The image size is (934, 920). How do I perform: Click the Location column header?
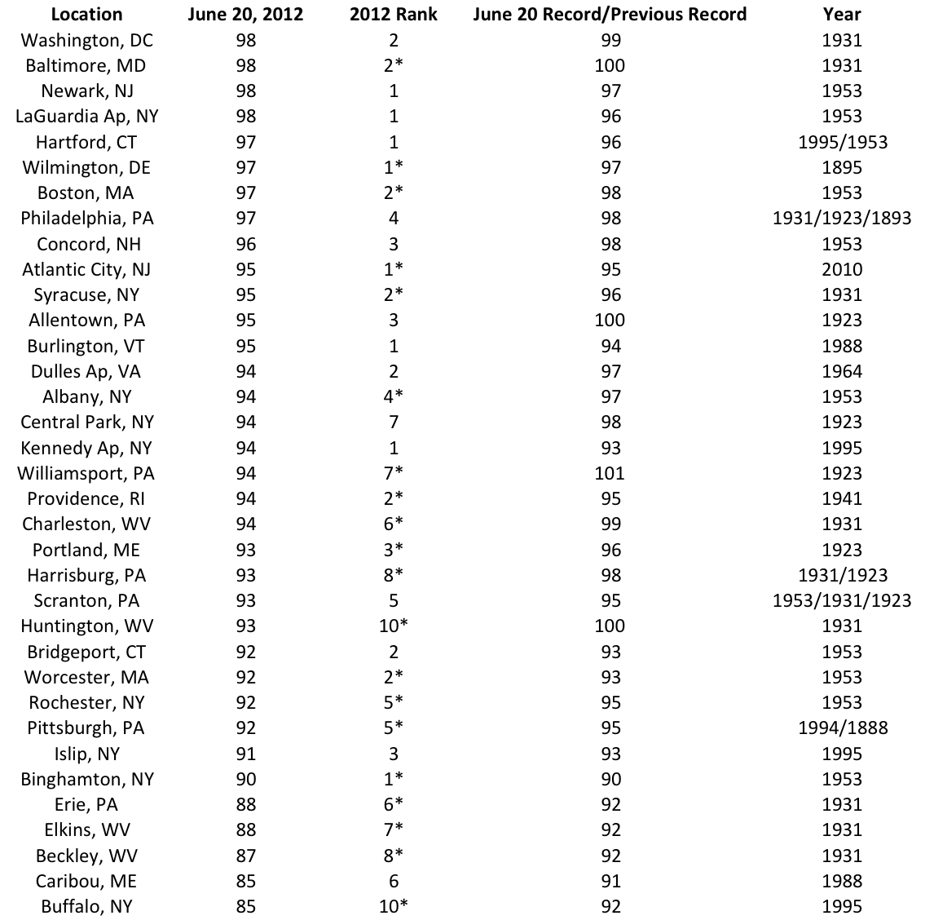click(86, 15)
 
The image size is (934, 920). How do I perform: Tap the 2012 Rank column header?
click(394, 15)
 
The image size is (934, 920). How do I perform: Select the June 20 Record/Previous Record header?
click(610, 15)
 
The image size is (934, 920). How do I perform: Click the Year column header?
click(842, 15)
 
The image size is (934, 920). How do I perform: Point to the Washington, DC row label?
click(86, 40)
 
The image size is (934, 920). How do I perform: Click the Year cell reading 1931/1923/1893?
click(842, 219)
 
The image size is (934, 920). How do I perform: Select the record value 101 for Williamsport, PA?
click(610, 473)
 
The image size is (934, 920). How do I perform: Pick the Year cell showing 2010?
click(842, 269)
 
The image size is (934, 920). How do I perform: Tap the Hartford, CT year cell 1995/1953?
click(842, 142)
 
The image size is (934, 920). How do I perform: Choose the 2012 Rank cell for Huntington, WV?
click(394, 626)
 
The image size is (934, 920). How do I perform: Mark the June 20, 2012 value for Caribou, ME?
click(245, 881)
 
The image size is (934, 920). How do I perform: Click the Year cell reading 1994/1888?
click(842, 728)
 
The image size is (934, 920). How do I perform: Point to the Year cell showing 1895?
click(842, 167)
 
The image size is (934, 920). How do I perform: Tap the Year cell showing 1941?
click(842, 498)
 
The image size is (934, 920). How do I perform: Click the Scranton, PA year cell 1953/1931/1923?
click(842, 600)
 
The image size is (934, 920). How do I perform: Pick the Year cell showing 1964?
click(842, 371)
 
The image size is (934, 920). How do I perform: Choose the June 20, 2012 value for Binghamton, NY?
click(245, 779)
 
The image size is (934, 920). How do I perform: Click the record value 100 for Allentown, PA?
click(610, 320)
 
